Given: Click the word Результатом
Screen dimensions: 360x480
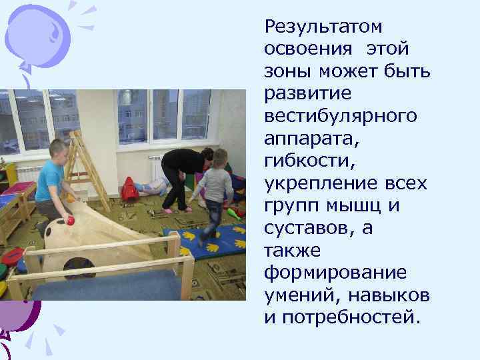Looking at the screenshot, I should pyautogui.click(x=323, y=27).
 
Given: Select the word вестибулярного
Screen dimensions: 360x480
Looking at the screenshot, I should pyautogui.click(x=341, y=116).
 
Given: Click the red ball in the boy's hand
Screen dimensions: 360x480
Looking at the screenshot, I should pyautogui.click(x=69, y=220).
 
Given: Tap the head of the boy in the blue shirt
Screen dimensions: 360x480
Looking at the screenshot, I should pyautogui.click(x=58, y=149).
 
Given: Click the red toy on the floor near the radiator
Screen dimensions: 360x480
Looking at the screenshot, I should pyautogui.click(x=130, y=191).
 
